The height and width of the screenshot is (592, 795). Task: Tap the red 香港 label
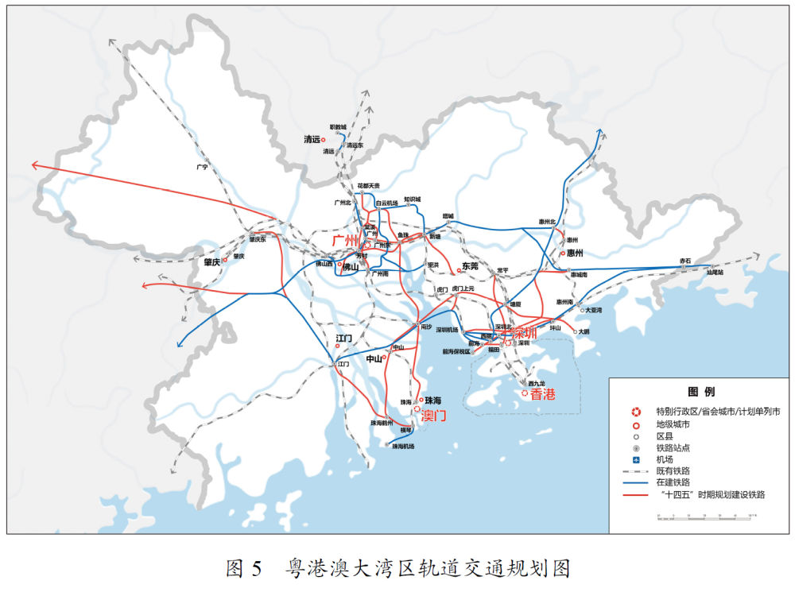click(543, 393)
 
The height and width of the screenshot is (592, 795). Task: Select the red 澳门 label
click(434, 416)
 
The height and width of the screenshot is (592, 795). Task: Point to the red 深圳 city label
click(525, 332)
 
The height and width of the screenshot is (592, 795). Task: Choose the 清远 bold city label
click(311, 139)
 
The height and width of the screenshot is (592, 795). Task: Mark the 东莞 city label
click(470, 266)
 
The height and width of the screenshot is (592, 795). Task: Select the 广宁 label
click(201, 168)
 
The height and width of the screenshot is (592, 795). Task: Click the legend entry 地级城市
click(673, 424)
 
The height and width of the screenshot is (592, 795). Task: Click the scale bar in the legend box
click(704, 517)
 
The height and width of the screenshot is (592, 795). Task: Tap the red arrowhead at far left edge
click(34, 164)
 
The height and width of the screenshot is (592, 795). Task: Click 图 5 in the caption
click(244, 568)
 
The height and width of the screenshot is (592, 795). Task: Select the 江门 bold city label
click(343, 339)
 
